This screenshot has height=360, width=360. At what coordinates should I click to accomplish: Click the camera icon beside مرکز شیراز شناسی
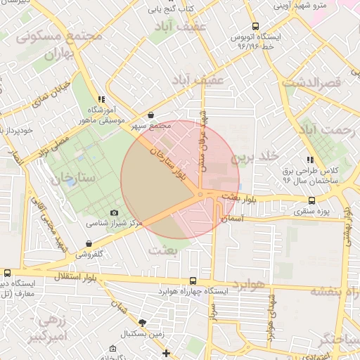pyautogui.click(x=115, y=213)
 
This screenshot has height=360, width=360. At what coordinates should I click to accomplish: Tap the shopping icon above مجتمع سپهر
pyautogui.click(x=151, y=115)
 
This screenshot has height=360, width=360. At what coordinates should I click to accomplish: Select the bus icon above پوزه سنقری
pyautogui.click(x=311, y=200)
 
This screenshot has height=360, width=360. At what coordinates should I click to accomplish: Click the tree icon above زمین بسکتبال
pyautogui.click(x=144, y=323)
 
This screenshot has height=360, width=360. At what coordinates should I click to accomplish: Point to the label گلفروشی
pyautogui.click(x=89, y=253)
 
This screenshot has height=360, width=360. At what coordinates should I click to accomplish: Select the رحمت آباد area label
pyautogui.click(x=324, y=130)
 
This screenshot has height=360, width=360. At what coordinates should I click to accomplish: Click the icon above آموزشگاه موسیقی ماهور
pyautogui.click(x=102, y=100)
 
